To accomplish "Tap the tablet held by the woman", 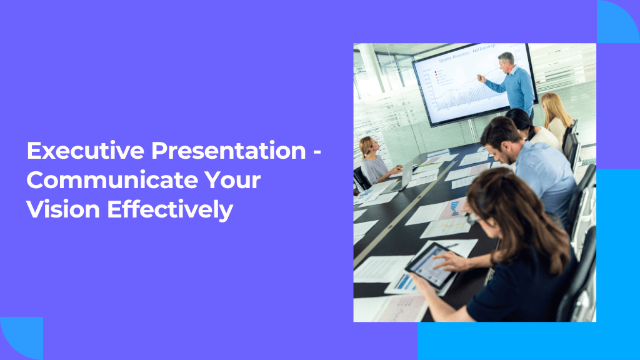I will pos(431,265).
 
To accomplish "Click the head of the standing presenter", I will pos(506,61).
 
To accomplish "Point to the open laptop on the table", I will pos(404,176).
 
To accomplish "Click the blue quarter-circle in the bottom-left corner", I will pos(19,341).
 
